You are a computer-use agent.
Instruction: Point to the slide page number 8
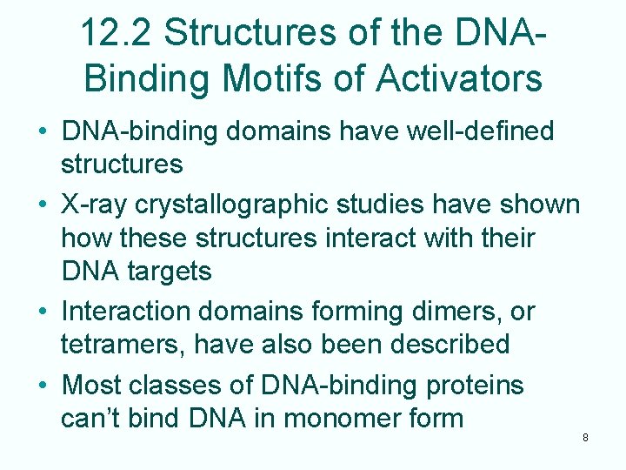click(x=585, y=438)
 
